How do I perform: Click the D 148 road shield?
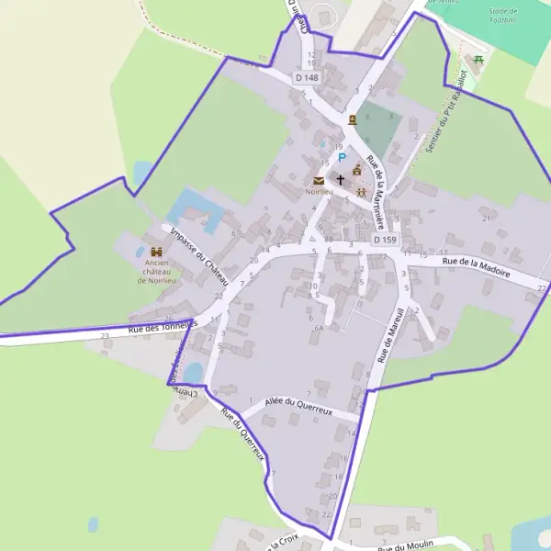point(308,78)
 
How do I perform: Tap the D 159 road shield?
point(386,240)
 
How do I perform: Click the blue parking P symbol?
point(329,157)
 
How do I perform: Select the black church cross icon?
point(342,180)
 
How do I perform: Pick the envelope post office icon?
point(319,180)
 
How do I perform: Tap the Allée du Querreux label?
point(298,406)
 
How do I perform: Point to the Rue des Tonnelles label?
point(163,327)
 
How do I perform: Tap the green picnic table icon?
point(478,60)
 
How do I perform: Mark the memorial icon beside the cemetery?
point(352,120)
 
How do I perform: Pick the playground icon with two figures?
point(362,192)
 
